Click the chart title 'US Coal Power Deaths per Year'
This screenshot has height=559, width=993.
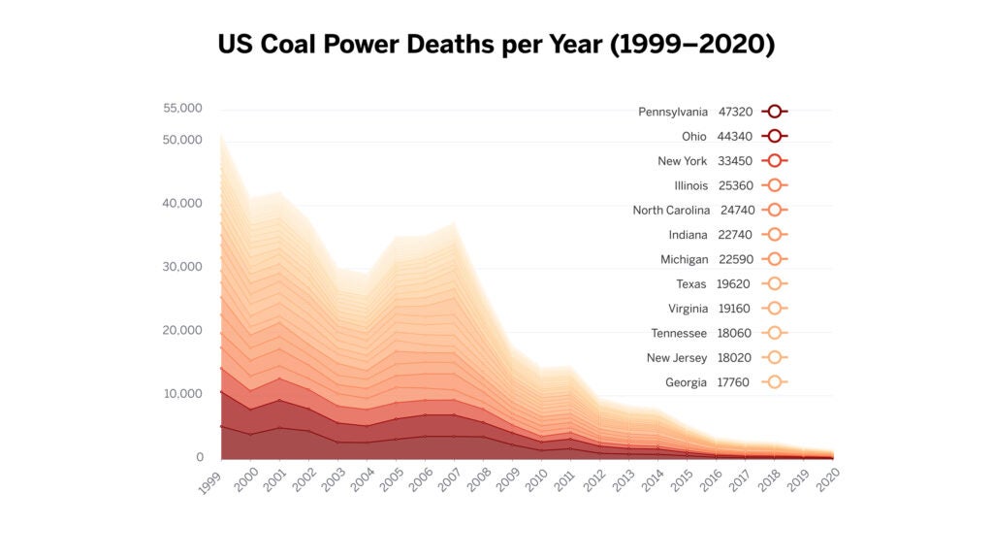[x=496, y=45]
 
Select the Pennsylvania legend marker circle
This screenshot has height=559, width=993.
[x=774, y=112]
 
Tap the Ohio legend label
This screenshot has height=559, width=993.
[x=694, y=137]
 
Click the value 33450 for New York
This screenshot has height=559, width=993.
[x=735, y=161]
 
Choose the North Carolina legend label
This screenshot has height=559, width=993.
[x=671, y=211]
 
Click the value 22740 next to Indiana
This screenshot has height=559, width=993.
[x=735, y=235]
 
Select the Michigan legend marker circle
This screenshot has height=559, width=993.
[x=774, y=259]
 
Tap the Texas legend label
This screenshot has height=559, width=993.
[x=691, y=284]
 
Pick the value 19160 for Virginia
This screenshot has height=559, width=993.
[x=735, y=309]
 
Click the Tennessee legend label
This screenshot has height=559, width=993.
[x=679, y=334]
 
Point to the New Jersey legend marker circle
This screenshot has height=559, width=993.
[x=774, y=358]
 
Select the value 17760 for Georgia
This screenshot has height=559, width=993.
[x=735, y=382]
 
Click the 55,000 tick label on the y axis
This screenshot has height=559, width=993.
[x=182, y=109]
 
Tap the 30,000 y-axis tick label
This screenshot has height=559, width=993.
[x=182, y=267]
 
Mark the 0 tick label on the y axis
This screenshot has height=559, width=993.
[x=199, y=457]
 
